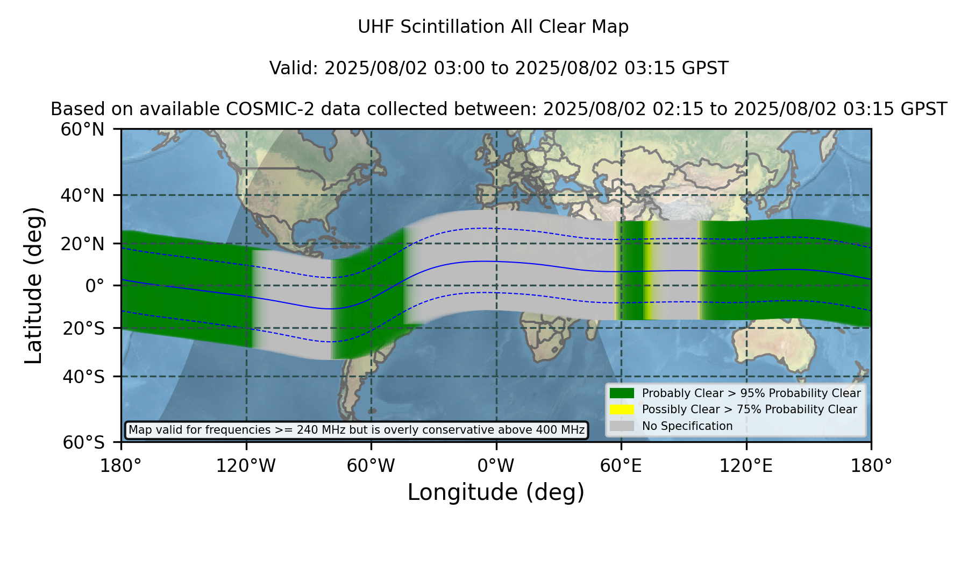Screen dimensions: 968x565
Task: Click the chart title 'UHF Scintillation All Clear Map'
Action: click(493, 27)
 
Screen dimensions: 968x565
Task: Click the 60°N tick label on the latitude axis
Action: click(82, 130)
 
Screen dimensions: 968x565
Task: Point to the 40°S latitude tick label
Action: click(83, 377)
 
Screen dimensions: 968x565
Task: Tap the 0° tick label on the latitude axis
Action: click(95, 286)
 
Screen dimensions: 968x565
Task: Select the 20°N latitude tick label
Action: click(82, 244)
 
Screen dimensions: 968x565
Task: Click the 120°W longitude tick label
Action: click(246, 466)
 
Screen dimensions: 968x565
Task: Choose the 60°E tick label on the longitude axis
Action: click(621, 466)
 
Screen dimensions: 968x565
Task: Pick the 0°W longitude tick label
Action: click(496, 466)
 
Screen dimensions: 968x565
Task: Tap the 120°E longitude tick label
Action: click(746, 466)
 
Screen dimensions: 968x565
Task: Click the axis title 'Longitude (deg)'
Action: click(496, 492)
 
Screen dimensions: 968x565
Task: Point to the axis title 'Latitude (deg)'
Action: click(33, 285)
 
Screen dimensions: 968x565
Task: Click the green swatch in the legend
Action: click(622, 393)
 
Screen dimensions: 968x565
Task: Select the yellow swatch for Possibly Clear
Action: click(622, 409)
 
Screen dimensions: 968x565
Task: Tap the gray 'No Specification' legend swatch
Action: click(622, 426)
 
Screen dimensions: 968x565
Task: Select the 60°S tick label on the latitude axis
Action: click(83, 442)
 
